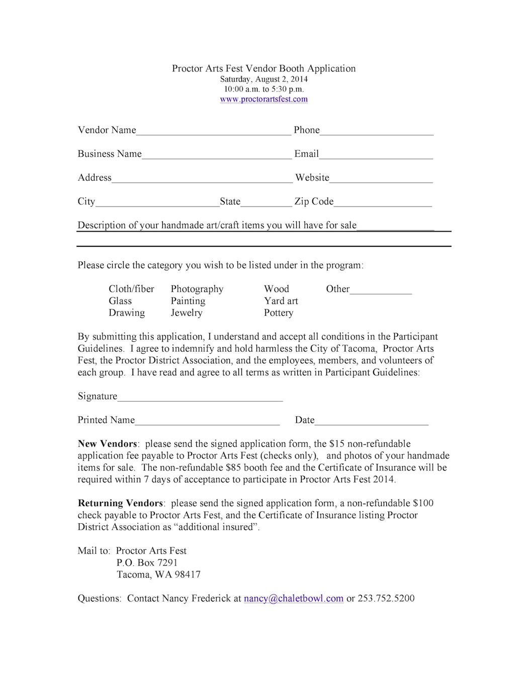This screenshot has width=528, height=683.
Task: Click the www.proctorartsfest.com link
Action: click(263, 99)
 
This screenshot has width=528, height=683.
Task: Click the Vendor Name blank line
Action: click(214, 132)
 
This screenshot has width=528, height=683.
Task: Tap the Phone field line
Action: click(377, 132)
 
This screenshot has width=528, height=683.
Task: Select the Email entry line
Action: click(376, 155)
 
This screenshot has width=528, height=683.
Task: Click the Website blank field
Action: click(381, 179)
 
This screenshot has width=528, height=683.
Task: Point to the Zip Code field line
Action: click(383, 203)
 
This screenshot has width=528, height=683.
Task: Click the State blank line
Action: click(267, 203)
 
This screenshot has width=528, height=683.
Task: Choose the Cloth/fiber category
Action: click(131, 289)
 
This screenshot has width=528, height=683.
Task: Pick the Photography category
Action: click(197, 289)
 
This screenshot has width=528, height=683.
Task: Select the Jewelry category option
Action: click(187, 313)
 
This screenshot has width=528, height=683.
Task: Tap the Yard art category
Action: click(281, 301)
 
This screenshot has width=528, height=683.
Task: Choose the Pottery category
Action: click(279, 313)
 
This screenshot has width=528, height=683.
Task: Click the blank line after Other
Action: click(381, 290)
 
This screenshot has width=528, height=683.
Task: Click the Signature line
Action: click(200, 398)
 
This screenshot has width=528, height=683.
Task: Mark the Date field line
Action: click(372, 422)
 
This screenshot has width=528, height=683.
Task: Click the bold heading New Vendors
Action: click(107, 444)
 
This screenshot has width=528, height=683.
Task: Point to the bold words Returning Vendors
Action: click(120, 503)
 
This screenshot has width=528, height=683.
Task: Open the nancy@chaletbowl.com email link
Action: click(294, 599)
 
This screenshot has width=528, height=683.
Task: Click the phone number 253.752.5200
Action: click(386, 599)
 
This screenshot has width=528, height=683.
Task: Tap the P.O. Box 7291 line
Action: click(147, 563)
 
